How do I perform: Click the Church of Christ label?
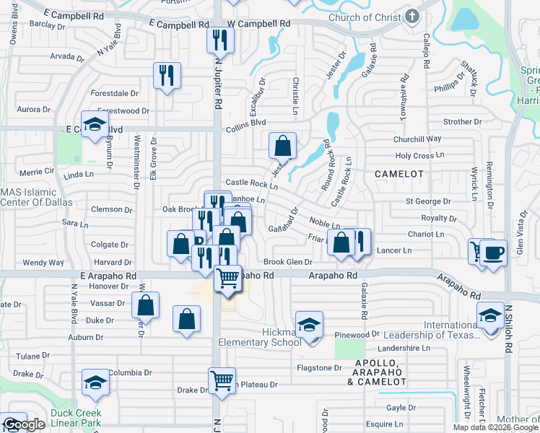[x=365, y=17]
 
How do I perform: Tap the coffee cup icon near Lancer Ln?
[x=494, y=254]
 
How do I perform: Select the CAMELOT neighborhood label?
[x=396, y=174]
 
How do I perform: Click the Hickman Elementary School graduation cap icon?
[x=308, y=325]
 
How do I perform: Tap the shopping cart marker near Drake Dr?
[x=222, y=380]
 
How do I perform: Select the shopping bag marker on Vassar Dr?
[x=146, y=305]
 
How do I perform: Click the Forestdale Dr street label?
[x=114, y=93]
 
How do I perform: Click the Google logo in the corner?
[x=23, y=425]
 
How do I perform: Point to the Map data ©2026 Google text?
[x=495, y=427]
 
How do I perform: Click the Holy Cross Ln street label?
[x=419, y=156]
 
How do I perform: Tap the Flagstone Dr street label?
[x=318, y=367]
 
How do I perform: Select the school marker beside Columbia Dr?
[x=95, y=382]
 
